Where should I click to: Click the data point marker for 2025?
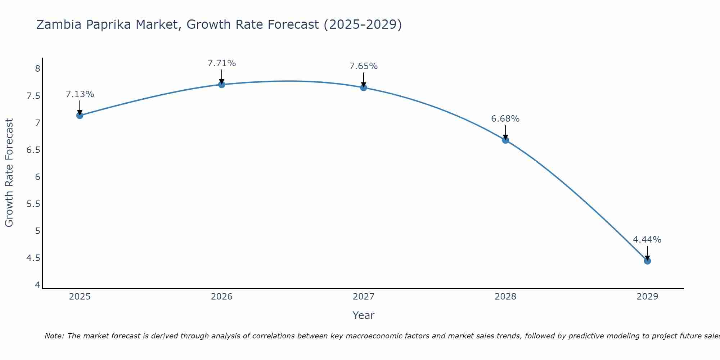coord(80,116)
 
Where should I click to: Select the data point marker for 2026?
coord(222,85)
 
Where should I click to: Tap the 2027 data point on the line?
coord(364,87)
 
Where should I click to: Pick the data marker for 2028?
coord(505,140)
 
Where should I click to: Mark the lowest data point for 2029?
coord(647,261)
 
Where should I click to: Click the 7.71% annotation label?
coord(222,63)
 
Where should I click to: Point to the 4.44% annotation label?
coord(647,240)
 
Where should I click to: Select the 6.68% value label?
coord(505,119)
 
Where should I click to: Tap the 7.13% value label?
coord(80,94)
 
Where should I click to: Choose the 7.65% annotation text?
coord(364,66)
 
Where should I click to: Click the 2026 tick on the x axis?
coord(222,297)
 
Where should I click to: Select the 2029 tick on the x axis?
coord(647,297)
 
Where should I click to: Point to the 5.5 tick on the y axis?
coord(33,204)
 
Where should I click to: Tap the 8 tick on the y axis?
coord(37,69)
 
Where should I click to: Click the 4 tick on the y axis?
coord(37,285)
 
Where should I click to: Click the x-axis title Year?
coord(364,315)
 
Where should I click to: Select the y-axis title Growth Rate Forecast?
coord(9,173)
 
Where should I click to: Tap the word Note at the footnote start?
coord(54,336)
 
